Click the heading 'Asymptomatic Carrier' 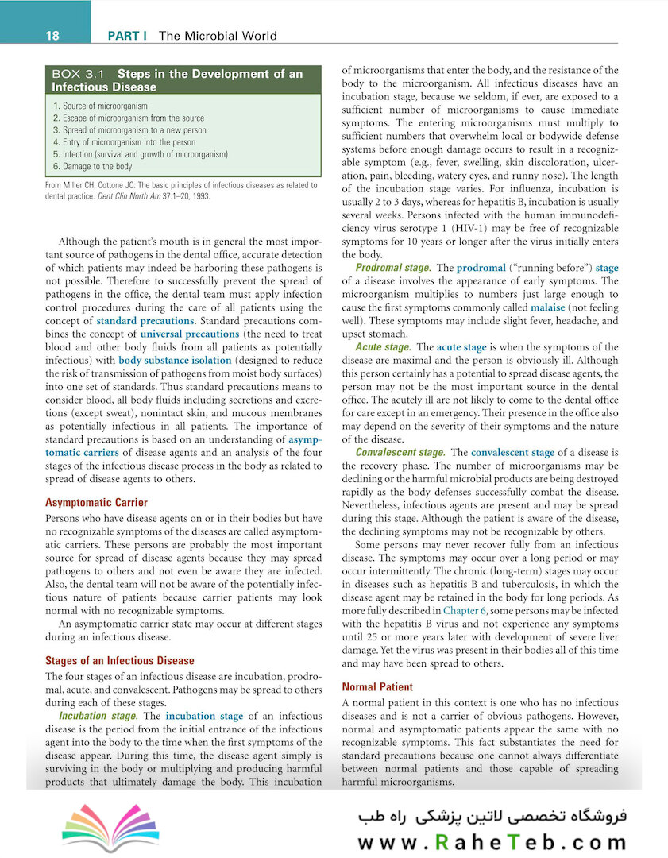pyautogui.click(x=96, y=503)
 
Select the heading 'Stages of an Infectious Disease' pyautogui.click(x=119, y=660)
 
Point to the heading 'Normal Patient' pyautogui.click(x=377, y=686)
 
